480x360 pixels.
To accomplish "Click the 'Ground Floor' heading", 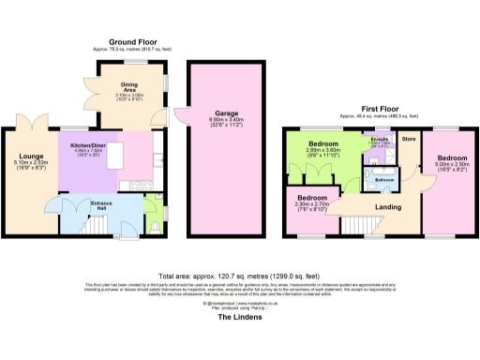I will tap(131, 42).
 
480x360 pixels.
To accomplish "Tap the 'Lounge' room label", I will tap(28, 157).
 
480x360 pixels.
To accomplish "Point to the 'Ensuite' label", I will tap(382, 138).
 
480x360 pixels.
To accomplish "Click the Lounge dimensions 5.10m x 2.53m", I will tap(28, 165).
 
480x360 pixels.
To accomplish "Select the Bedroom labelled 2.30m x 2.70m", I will tap(312, 203).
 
